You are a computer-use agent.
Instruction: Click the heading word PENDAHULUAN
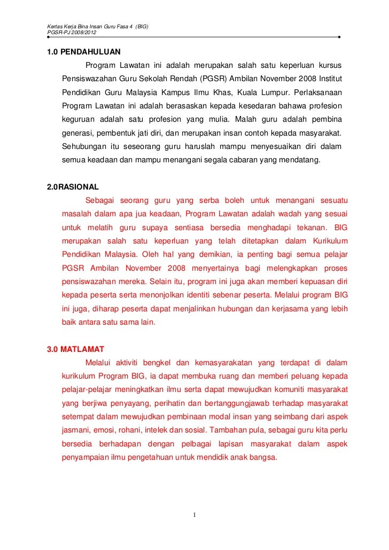[90, 52]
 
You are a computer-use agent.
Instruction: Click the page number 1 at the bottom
[195, 515]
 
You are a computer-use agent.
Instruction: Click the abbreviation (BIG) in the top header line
[142, 26]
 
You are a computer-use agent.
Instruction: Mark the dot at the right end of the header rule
[340, 38]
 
